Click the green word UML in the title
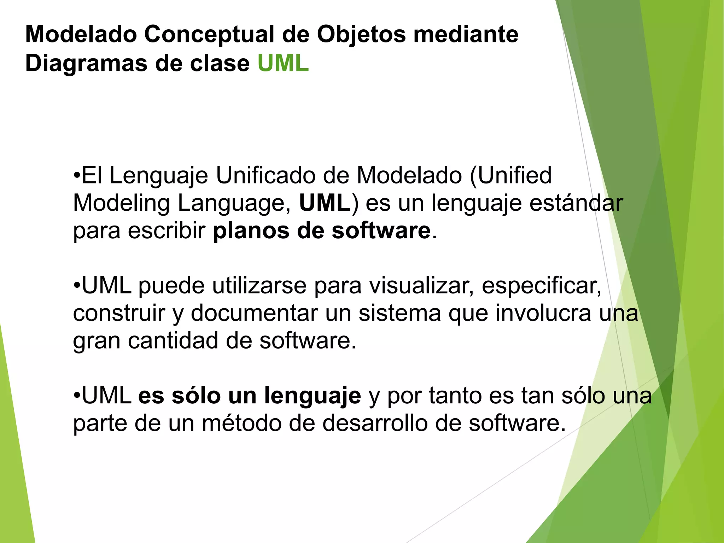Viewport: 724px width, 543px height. point(283,64)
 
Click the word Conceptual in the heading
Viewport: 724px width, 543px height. point(209,34)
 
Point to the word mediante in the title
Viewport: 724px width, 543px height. point(466,34)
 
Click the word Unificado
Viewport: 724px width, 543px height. point(265,175)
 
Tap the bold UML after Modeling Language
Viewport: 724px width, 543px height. point(325,203)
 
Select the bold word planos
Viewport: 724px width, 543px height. point(251,231)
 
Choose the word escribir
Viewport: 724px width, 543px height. point(167,231)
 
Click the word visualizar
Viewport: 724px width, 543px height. point(421,286)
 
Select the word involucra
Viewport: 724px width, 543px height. point(543,313)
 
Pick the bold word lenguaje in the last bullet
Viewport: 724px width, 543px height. point(312,396)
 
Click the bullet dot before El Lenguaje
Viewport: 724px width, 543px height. point(77,175)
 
